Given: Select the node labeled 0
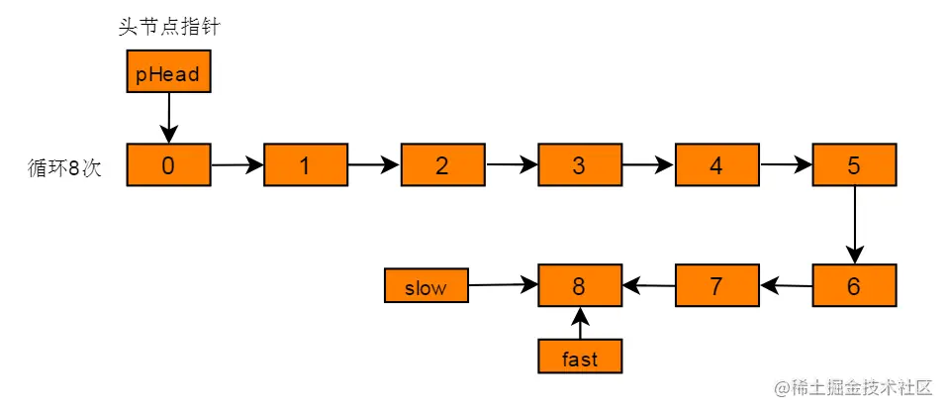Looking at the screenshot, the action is click(168, 164).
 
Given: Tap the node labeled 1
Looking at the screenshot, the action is click(306, 164).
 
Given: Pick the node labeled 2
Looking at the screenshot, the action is click(442, 164).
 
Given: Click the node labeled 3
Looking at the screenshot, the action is click(580, 164).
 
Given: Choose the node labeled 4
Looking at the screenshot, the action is click(716, 164).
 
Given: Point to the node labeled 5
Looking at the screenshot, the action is click(854, 164).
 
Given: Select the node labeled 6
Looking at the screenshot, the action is click(854, 285).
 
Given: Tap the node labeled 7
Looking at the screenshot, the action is click(716, 285).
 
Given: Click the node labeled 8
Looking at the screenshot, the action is click(580, 285).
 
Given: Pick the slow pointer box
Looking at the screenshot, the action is click(426, 286).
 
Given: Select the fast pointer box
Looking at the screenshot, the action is click(580, 357).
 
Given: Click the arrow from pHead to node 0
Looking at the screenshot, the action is click(168, 118).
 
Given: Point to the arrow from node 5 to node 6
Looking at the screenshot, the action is click(854, 225).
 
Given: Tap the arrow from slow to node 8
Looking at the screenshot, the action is click(503, 285).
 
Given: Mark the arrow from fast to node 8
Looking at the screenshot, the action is click(580, 323).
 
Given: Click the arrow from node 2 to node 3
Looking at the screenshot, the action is click(512, 163).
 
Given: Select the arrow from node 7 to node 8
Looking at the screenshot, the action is click(648, 284).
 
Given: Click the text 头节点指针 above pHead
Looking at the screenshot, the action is click(168, 27).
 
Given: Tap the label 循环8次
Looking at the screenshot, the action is click(64, 166).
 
